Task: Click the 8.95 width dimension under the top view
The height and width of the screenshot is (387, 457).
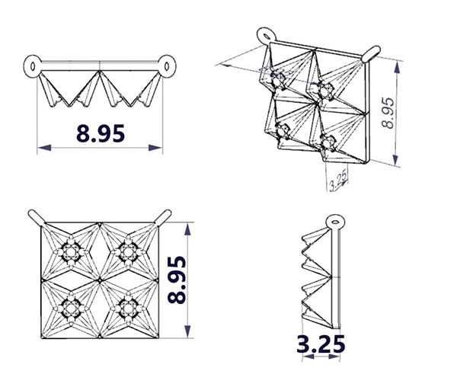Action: (101, 133)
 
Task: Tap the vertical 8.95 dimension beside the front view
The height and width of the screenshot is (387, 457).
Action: (177, 280)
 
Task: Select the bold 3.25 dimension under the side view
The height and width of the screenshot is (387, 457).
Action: (321, 344)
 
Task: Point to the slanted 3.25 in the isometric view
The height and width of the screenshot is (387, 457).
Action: (338, 180)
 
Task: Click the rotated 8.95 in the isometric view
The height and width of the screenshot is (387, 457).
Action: (388, 113)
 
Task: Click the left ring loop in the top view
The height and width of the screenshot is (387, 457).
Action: (32, 66)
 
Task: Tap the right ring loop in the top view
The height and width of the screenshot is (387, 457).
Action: (167, 66)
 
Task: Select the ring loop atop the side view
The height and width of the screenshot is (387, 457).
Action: (335, 222)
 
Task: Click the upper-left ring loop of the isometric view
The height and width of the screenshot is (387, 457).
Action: (267, 36)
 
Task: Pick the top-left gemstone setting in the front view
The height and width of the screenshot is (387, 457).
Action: (71, 252)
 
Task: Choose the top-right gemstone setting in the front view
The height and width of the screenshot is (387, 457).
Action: (128, 252)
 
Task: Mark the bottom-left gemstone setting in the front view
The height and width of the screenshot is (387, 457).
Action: (71, 309)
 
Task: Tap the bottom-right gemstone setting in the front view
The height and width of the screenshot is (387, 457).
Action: (128, 309)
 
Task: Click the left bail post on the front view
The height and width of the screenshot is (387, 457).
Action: (37, 217)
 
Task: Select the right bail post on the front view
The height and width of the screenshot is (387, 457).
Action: (163, 217)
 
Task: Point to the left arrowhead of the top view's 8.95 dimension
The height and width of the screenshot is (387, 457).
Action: (45, 148)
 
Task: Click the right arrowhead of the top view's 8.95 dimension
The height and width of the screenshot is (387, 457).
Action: (155, 148)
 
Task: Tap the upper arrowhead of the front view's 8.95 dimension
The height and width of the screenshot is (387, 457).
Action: (187, 229)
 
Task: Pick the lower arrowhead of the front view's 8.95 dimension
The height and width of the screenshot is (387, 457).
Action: (187, 331)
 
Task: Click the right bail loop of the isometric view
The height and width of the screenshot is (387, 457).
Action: (371, 53)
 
